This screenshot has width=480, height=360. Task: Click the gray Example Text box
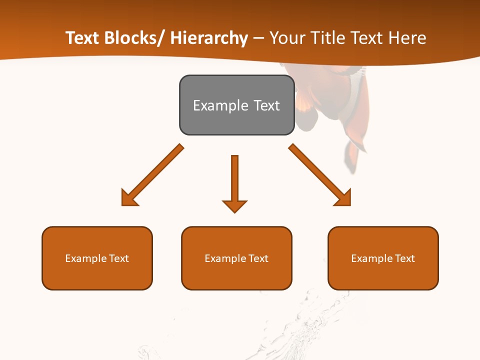pos(236,105)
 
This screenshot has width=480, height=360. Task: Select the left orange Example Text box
pos(97,258)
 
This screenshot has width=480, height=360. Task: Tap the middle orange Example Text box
pos(236,258)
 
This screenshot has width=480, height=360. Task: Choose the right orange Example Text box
pos(383,258)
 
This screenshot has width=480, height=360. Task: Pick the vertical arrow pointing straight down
pos(234,183)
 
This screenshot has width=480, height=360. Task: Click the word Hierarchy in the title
pos(209,38)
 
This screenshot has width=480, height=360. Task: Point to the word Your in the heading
pos(286,38)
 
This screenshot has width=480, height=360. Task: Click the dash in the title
pos(259,38)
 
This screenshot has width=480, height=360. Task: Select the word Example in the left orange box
pos(85,258)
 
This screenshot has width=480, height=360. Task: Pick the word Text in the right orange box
pos(404,258)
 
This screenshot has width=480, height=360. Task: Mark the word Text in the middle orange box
pos(258,258)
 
